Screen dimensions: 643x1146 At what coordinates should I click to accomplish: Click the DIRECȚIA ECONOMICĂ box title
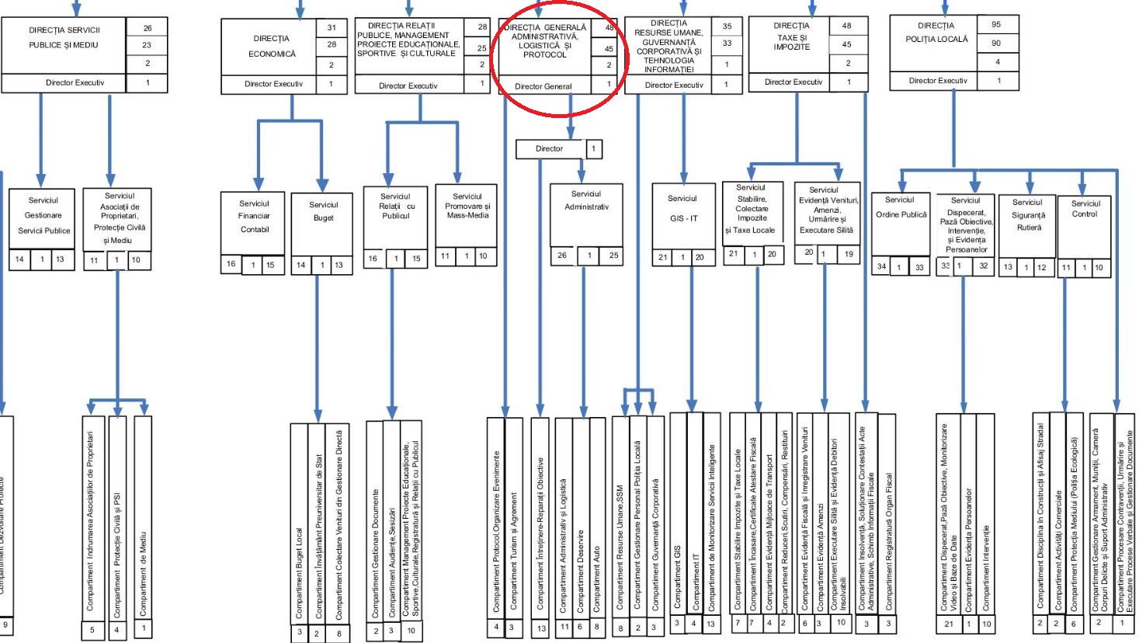(x=271, y=46)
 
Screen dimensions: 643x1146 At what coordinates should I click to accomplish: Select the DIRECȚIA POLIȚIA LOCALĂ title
(x=936, y=32)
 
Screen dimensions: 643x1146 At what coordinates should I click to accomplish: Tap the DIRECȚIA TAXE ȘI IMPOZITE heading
(x=791, y=36)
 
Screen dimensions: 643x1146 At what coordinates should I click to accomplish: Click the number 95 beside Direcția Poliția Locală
(x=996, y=24)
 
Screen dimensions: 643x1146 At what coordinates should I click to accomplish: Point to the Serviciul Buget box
(x=323, y=212)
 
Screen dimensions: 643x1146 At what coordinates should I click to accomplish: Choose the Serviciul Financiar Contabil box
(x=254, y=217)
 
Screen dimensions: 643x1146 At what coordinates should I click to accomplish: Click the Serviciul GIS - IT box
(x=683, y=209)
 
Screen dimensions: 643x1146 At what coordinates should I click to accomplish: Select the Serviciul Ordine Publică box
(x=901, y=208)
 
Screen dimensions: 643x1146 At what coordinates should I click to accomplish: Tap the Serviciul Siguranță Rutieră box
(x=1028, y=215)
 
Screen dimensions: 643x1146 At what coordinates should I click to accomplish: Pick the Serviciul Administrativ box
(x=586, y=201)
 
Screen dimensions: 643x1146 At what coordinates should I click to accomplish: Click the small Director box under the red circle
(x=549, y=148)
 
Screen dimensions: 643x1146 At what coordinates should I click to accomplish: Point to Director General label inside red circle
(x=543, y=86)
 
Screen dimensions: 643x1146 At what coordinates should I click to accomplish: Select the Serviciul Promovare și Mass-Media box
(x=467, y=207)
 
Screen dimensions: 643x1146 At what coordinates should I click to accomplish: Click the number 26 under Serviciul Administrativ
(x=562, y=255)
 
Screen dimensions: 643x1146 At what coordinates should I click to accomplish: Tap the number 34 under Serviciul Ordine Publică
(x=881, y=266)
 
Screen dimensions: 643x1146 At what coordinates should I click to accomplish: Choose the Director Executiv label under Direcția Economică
(x=273, y=84)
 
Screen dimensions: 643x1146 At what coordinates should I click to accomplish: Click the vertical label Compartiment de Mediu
(x=143, y=575)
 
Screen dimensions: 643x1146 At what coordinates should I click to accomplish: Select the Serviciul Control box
(x=1085, y=209)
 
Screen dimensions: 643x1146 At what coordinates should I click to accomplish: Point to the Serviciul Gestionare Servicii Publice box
(x=43, y=215)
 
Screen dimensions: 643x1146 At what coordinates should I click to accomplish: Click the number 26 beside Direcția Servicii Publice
(x=148, y=28)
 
